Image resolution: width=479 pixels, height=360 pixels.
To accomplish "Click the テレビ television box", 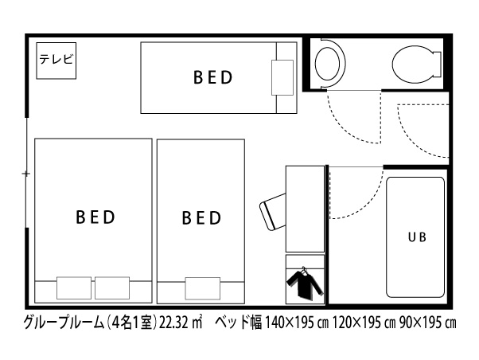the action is (56, 61).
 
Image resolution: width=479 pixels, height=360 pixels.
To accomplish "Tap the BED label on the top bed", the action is (213, 77).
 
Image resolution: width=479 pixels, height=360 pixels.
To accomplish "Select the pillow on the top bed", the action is (282, 77).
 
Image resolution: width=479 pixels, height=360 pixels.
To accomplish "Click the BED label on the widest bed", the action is (95, 217).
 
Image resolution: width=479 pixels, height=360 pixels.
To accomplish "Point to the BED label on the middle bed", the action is (201, 217).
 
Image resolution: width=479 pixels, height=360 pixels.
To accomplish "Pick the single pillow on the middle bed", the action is (203, 288).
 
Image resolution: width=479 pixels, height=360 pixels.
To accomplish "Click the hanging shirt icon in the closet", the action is (305, 284).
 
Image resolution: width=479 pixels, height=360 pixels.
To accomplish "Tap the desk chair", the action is (273, 212).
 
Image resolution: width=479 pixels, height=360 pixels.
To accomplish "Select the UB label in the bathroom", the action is (417, 237).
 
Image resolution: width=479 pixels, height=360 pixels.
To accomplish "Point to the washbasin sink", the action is (328, 64).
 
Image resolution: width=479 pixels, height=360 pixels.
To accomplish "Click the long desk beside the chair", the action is (305, 209).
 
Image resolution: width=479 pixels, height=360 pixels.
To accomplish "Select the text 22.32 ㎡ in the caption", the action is (181, 323).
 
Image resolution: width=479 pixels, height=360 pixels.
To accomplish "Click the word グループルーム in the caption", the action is (64, 323).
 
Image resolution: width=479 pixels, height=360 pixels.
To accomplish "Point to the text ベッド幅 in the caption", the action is (238, 323).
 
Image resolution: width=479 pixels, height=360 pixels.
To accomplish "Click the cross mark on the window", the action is (26, 174).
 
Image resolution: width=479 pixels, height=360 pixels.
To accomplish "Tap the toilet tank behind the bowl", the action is (438, 65).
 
